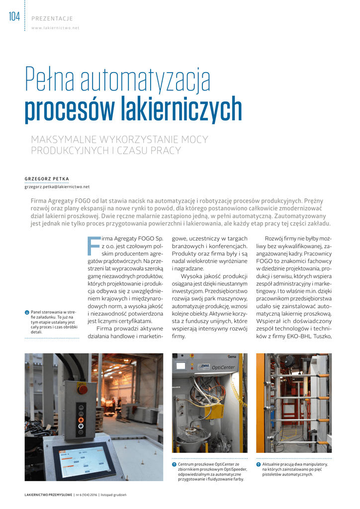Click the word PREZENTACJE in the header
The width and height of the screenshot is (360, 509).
point(52,19)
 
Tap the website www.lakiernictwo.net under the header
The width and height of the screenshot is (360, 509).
point(55,28)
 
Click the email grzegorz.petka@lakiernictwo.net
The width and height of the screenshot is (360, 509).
point(57,186)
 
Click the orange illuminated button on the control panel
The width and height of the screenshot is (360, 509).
point(81,420)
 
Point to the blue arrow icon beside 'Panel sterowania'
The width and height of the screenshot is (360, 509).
point(27,312)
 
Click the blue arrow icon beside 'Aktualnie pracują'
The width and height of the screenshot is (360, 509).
point(259,464)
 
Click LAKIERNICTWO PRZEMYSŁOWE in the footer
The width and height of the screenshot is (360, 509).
point(48,495)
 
